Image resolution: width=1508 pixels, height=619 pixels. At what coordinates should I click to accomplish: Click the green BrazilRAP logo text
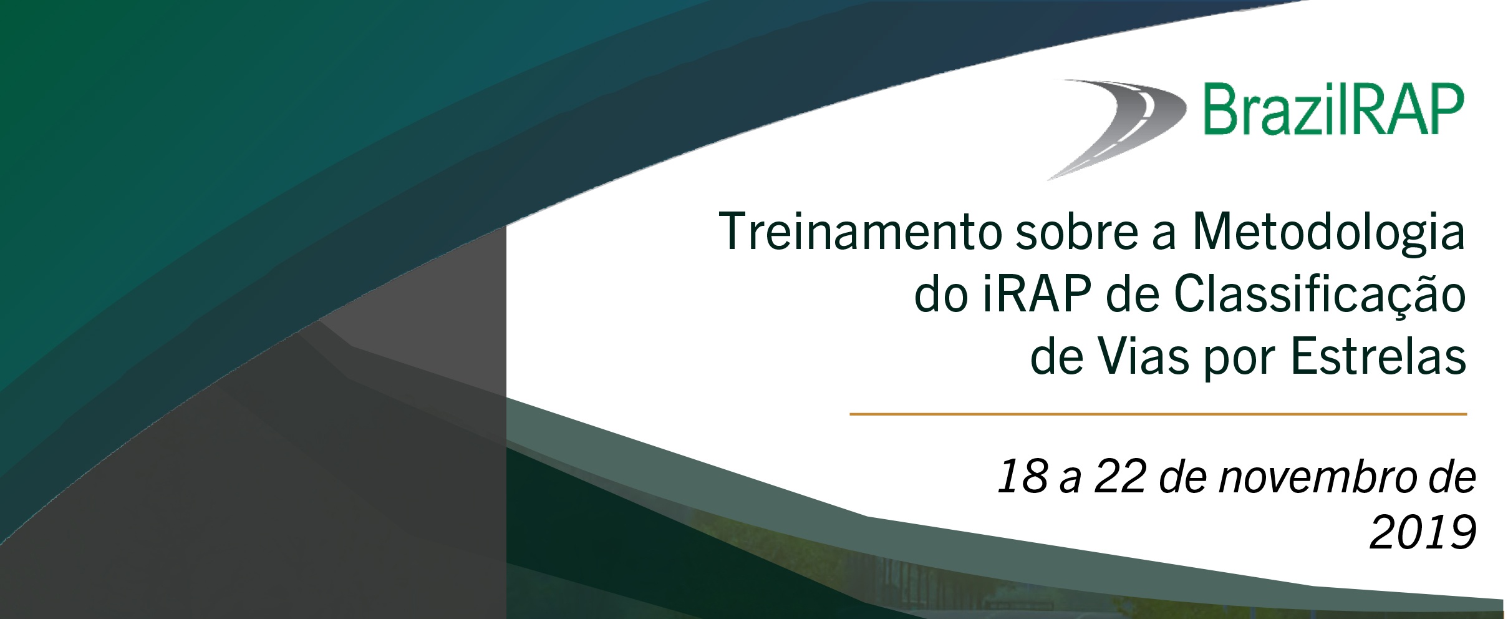(x=1333, y=110)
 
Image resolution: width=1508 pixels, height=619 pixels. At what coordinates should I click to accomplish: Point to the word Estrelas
(x=1378, y=357)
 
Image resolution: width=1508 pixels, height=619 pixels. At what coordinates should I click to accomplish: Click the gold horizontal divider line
(x=1158, y=414)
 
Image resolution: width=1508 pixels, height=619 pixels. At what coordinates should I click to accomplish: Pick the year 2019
(x=1423, y=532)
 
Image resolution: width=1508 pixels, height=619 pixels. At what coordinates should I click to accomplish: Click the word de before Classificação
(x=1133, y=295)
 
